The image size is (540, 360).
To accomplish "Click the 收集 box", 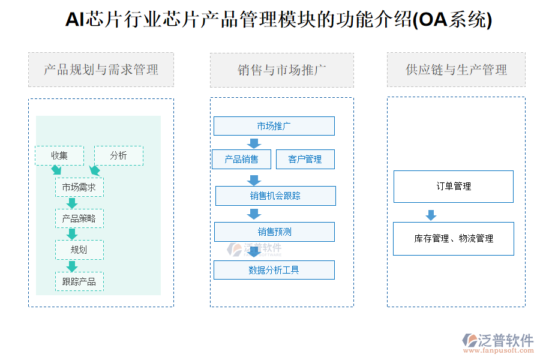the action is [59, 156].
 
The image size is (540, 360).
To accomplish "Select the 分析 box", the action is [119, 156].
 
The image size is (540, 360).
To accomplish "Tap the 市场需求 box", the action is [79, 187].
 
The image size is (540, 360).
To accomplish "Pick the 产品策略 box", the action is [79, 218].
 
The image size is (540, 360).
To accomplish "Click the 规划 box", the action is [79, 250].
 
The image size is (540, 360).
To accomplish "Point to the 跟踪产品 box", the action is [79, 281].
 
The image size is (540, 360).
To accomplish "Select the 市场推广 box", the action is [274, 126].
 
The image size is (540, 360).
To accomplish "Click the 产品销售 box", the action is [241, 159].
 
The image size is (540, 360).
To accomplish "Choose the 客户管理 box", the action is [305, 159].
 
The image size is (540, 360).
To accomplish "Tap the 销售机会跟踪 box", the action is [275, 196].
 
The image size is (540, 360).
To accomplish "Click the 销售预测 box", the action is [274, 232].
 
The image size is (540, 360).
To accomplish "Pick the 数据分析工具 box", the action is [274, 270].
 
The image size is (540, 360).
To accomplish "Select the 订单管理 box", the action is [454, 187].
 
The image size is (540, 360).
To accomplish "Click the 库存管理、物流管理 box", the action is [454, 239].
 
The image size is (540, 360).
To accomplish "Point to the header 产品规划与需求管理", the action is [101, 70].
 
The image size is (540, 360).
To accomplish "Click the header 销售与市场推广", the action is [282, 70].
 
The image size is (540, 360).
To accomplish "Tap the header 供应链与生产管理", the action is [457, 70].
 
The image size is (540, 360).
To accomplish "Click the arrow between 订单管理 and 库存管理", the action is [431, 215].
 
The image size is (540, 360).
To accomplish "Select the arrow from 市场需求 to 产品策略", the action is [72, 203].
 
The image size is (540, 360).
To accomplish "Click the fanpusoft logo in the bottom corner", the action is [498, 343].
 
